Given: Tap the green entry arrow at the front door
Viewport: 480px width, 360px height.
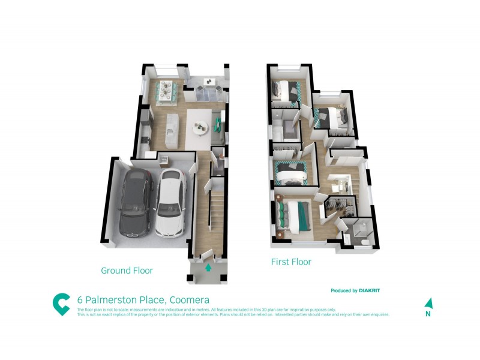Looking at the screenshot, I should pyautogui.click(x=208, y=268).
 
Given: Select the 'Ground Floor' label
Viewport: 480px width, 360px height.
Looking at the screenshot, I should pyautogui.click(x=127, y=271).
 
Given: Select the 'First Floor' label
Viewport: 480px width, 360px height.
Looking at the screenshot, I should pyautogui.click(x=291, y=262).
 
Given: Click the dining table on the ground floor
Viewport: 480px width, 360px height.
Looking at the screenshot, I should pyautogui.click(x=163, y=91).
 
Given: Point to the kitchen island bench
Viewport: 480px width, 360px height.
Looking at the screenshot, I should pyautogui.click(x=173, y=122).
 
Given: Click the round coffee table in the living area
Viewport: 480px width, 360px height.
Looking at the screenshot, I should pyautogui.click(x=200, y=126).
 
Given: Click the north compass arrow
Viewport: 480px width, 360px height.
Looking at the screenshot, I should pyautogui.click(x=428, y=304).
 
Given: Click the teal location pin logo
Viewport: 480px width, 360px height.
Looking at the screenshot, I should pyautogui.click(x=61, y=304).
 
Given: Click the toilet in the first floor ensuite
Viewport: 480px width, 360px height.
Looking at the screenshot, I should pyautogui.click(x=365, y=242).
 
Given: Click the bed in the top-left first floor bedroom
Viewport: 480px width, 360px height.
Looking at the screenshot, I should pyautogui.click(x=284, y=91).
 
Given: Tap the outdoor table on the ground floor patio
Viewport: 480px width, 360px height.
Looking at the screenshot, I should pyautogui.click(x=210, y=82).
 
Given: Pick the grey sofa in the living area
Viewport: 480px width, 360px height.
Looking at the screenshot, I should pyautogui.click(x=215, y=124).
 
